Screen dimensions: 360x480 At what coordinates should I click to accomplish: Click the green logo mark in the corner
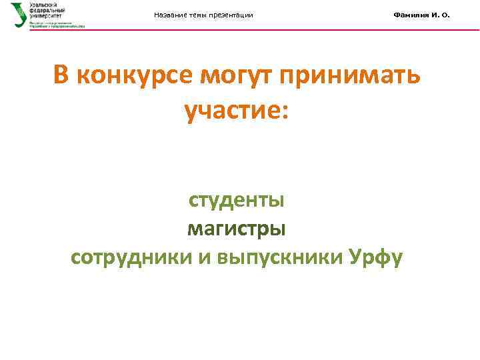click(x=19, y=14)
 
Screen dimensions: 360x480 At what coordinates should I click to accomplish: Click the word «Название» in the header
click(x=170, y=15)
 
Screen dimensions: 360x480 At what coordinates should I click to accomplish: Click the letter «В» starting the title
click(x=61, y=76)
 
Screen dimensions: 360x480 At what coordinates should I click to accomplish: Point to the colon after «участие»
click(x=285, y=110)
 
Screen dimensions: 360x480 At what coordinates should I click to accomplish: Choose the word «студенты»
click(x=237, y=199)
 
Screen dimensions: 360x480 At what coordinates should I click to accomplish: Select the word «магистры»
click(x=237, y=229)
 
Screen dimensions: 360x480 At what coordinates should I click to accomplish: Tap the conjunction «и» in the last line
click(x=204, y=258)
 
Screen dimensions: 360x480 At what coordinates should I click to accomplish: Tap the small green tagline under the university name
click(x=57, y=24)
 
